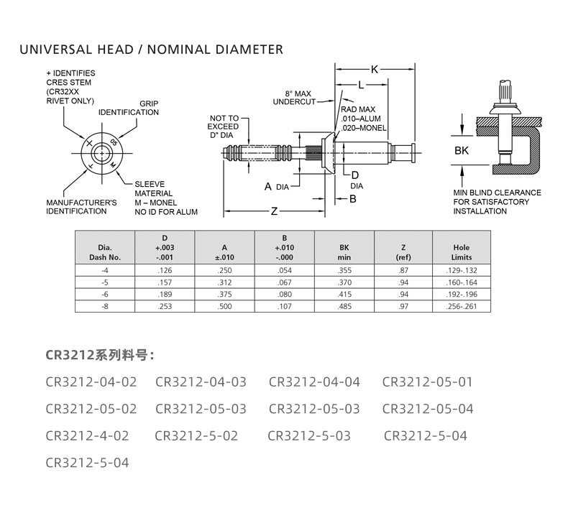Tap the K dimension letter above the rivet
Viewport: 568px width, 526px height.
pyautogui.click(x=375, y=70)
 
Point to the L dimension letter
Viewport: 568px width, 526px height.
pyautogui.click(x=360, y=85)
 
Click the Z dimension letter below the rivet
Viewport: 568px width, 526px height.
pyautogui.click(x=274, y=211)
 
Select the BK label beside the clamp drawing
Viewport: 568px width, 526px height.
pyautogui.click(x=462, y=151)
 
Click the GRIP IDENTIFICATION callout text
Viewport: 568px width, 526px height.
pyautogui.click(x=129, y=108)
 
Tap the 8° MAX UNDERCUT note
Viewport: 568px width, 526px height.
pyautogui.click(x=294, y=98)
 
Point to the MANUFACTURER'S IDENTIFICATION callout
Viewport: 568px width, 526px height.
pyautogui.click(x=81, y=207)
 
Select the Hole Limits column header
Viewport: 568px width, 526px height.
pyautogui.click(x=461, y=252)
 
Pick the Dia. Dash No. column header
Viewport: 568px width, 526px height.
pyautogui.click(x=105, y=252)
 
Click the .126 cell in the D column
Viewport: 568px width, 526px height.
pyautogui.click(x=164, y=270)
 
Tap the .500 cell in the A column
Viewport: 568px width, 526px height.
pyautogui.click(x=224, y=307)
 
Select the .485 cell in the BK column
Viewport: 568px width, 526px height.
pyautogui.click(x=344, y=307)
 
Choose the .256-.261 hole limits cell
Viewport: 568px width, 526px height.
pyautogui.click(x=461, y=307)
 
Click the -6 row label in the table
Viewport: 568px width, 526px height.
pyautogui.click(x=105, y=295)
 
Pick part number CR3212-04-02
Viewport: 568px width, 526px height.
pyautogui.click(x=91, y=382)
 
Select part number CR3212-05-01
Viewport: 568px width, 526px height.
pyautogui.click(x=427, y=382)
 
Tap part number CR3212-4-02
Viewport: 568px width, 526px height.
pyautogui.click(x=87, y=435)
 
